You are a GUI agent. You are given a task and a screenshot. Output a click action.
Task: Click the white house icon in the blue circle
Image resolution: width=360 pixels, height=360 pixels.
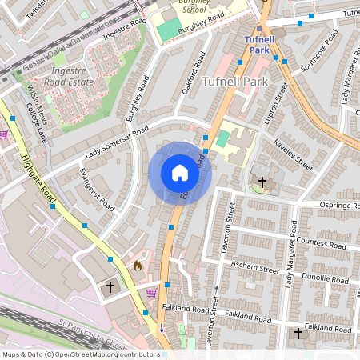coord(180,173)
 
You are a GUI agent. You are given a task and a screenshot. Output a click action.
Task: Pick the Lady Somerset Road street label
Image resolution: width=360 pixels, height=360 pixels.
coord(117,142)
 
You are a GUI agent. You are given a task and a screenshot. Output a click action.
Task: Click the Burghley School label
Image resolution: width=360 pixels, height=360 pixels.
coord(193,6)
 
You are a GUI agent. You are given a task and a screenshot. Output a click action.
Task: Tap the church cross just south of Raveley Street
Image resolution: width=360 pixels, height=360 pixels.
coord(262,182)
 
